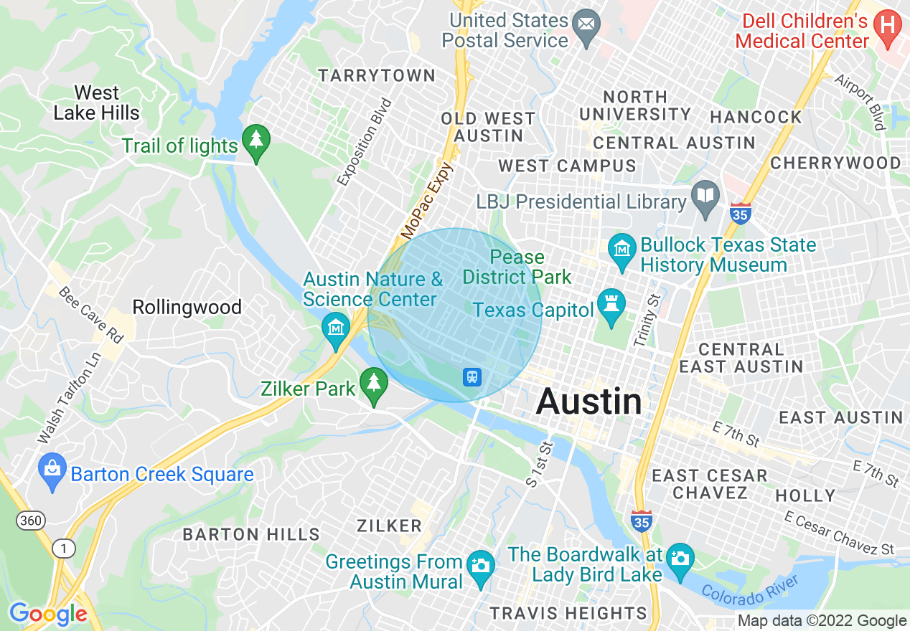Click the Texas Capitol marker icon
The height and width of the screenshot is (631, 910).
[611, 309]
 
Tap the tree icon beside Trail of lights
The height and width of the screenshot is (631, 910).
[255, 142]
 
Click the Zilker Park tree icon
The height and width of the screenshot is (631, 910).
[372, 385]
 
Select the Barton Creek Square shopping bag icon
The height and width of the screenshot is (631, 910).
[52, 471]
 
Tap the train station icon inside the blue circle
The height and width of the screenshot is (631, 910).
[472, 376]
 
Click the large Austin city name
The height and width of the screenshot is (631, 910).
[589, 402]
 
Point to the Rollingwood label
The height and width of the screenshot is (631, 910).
[187, 308]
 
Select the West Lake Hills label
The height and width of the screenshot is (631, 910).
[97, 103]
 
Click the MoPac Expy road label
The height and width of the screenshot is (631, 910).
[428, 201]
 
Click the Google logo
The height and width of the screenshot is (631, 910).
[48, 614]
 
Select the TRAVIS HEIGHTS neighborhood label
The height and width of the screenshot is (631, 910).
[568, 613]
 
